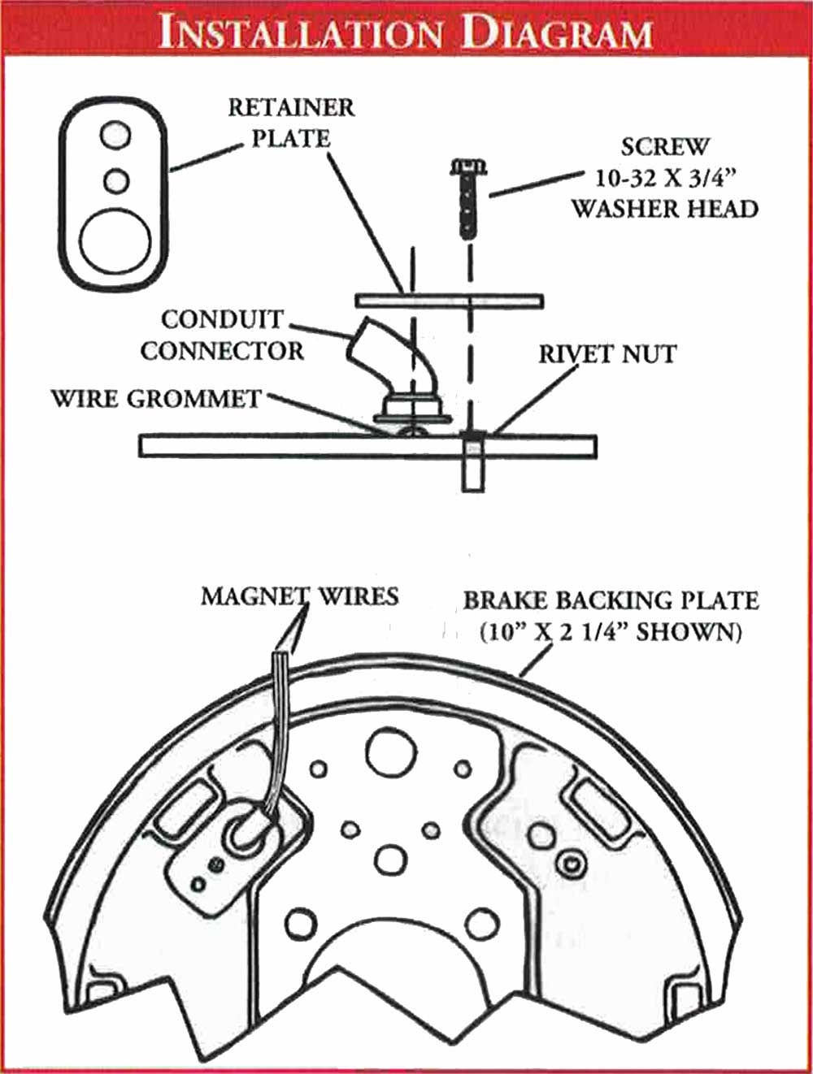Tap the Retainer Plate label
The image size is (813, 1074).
tap(291, 123)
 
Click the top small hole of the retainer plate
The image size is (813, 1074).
tap(115, 133)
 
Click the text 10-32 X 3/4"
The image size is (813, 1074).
tap(664, 178)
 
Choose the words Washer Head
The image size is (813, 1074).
tap(664, 209)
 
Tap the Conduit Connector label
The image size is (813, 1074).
tap(221, 335)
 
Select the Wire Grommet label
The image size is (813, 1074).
tap(156, 399)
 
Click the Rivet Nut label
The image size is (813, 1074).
tap(607, 354)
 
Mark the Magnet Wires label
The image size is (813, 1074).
tap(299, 596)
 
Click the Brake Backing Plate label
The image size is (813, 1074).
tap(611, 601)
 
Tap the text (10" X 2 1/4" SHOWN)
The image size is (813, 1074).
tap(611, 632)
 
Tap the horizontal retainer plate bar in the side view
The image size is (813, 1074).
tap(449, 301)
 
